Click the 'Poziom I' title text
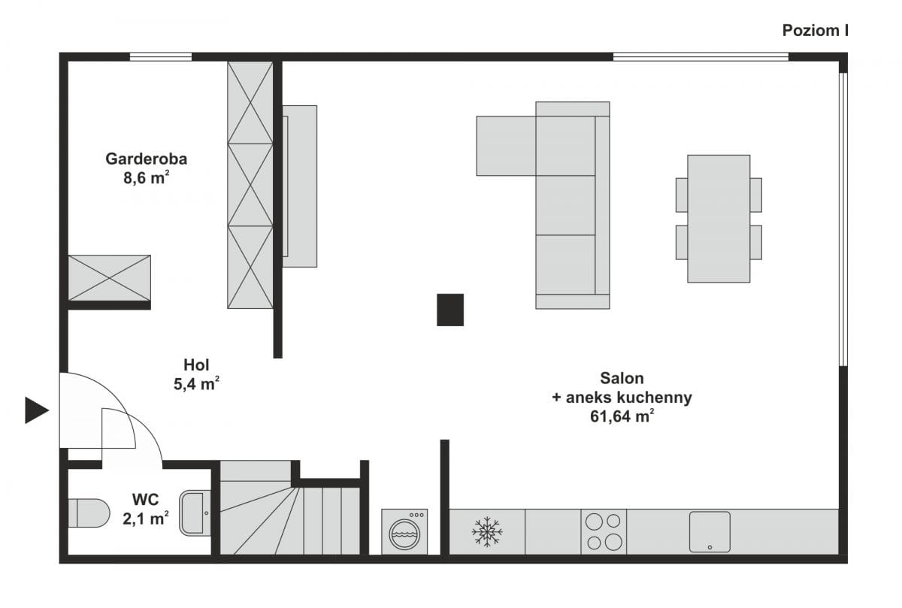[816, 31]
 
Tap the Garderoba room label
[146, 159]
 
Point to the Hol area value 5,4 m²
[196, 384]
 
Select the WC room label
[145, 500]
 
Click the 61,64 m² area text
[622, 416]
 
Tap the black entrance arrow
[37, 410]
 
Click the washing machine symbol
[404, 532]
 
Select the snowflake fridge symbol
[487, 532]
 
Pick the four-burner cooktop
[604, 532]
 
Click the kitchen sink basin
[710, 532]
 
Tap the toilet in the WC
[89, 513]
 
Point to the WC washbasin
[195, 513]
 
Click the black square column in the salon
[450, 310]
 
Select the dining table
[719, 219]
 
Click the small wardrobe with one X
[110, 278]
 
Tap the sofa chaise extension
[506, 146]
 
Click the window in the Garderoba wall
[161, 57]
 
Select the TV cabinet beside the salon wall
[300, 186]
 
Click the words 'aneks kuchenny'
[629, 398]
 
